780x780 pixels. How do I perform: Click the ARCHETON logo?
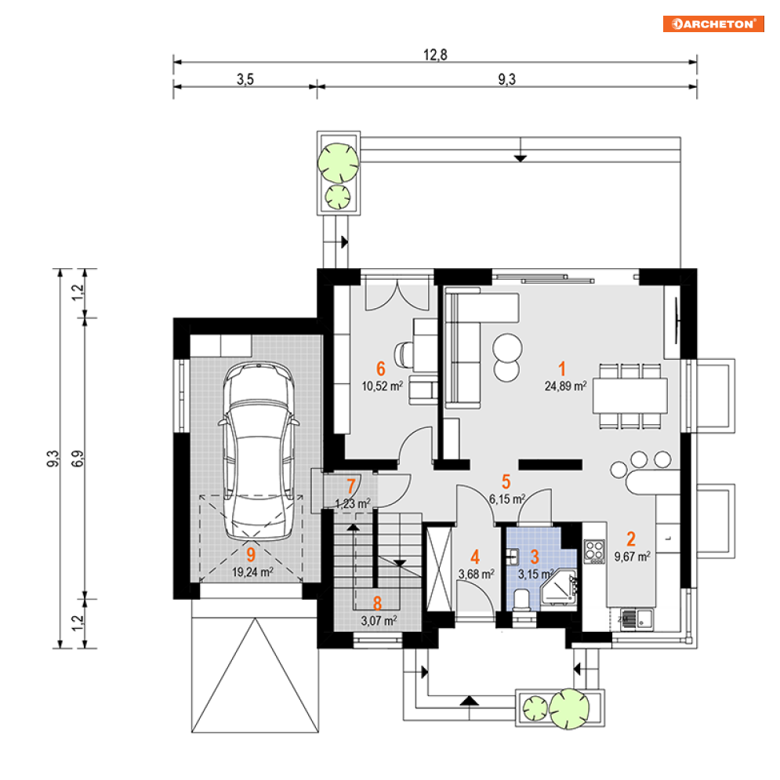coord(713,24)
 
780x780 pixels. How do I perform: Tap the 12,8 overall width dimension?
coord(435,55)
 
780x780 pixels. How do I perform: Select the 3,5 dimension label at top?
coord(245,79)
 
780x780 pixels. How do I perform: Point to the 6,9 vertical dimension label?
coord(78,458)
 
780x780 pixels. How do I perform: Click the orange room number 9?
coord(251,555)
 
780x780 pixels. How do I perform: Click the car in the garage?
coord(259,451)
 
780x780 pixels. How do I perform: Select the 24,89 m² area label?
coord(566,386)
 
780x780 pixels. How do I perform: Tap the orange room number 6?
coord(380,368)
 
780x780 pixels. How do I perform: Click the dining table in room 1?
coord(630,396)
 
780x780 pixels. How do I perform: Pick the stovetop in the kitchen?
coord(594,552)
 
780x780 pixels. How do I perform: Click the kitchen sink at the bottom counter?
coord(637,619)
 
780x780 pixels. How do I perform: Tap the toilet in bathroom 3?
coord(521,600)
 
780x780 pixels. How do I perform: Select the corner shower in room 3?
coord(559,587)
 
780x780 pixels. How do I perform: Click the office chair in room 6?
coord(404,354)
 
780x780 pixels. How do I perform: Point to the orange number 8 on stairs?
coord(377,604)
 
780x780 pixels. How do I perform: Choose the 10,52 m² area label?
coord(382,386)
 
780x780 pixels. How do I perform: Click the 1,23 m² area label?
coord(353,504)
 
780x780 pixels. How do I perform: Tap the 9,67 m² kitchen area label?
coord(633,557)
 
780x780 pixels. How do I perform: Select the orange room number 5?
coord(506,481)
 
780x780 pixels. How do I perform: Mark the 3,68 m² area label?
coord(477,574)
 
